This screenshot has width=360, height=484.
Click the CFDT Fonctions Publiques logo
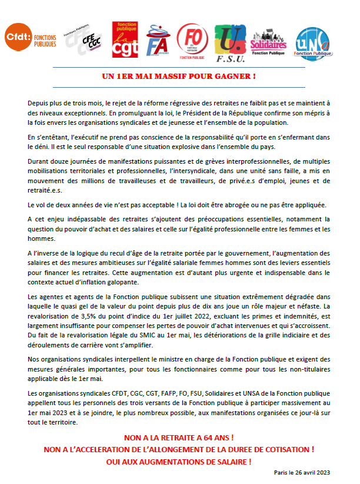[x=31, y=39]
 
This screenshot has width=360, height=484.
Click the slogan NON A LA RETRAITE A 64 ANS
[x=179, y=438]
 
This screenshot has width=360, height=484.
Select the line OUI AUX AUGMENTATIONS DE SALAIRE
[x=179, y=461]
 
